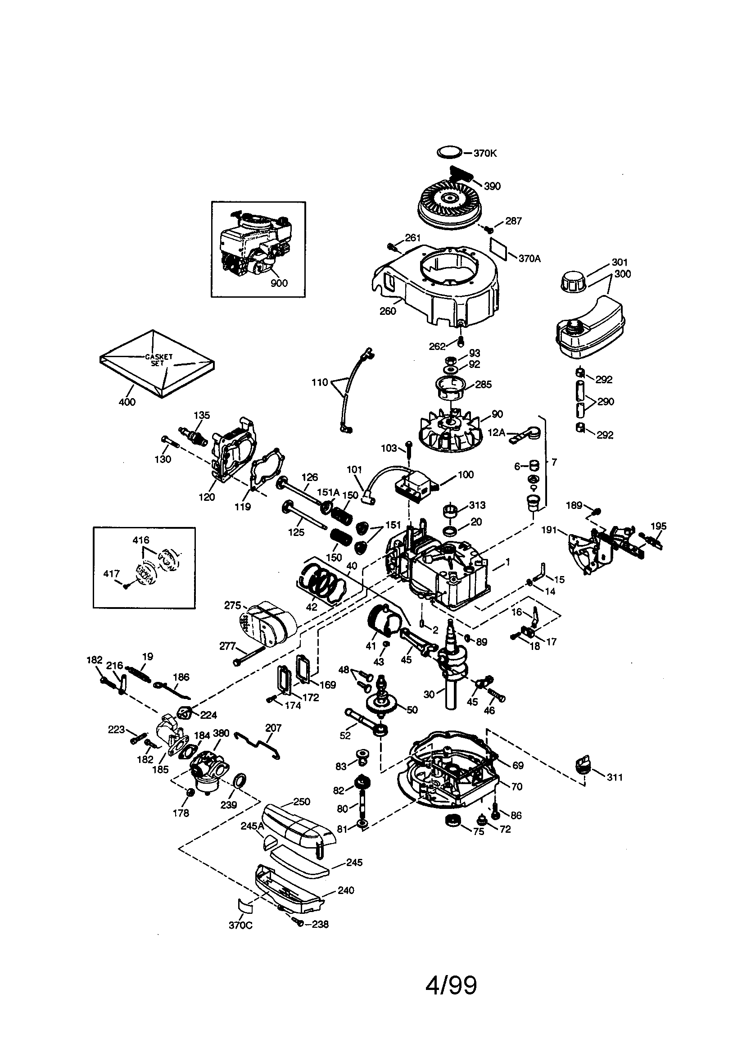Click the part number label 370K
[x=485, y=154]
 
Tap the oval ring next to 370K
[x=449, y=151]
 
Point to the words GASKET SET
[x=158, y=359]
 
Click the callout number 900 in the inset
[x=279, y=283]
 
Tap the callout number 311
[x=615, y=777]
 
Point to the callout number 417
[x=112, y=574]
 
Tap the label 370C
[x=240, y=925]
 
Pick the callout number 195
[x=658, y=526]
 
